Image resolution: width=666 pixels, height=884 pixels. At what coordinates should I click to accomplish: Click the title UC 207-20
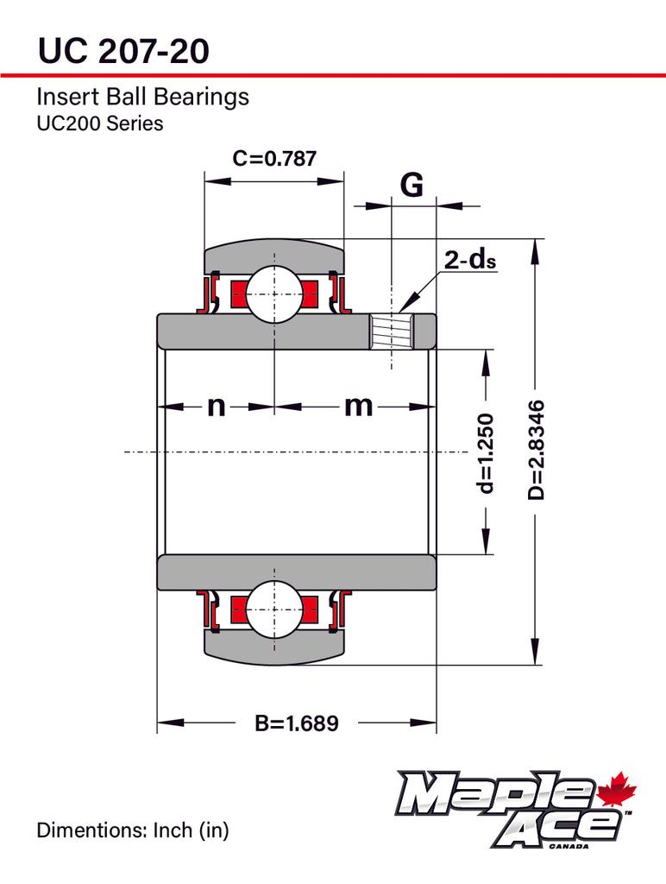coord(123,51)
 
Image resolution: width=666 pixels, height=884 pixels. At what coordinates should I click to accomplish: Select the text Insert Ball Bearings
coord(142,97)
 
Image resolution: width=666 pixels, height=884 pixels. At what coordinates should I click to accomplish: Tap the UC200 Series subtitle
coord(99,123)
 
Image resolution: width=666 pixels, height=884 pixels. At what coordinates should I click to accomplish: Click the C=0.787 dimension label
coord(274,159)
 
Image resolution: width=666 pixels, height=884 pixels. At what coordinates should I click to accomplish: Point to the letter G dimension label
coord(412,184)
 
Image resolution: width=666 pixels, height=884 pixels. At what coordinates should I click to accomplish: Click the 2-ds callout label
coord(470,259)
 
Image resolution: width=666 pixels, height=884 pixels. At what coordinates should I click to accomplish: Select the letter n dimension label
coord(216,405)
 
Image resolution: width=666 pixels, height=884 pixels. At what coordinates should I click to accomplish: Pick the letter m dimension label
coord(358,405)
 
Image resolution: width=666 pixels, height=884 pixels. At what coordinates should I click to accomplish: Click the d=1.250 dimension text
coord(487,453)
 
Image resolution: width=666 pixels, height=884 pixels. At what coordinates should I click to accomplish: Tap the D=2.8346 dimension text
coord(537,450)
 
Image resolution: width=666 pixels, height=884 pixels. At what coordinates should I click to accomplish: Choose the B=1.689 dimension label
coord(296,723)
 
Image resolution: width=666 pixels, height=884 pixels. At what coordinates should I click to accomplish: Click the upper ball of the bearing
coord(274,294)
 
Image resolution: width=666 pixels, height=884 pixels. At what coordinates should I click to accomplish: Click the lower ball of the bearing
coord(274,609)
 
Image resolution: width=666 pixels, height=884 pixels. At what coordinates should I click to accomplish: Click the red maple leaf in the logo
coord(616,789)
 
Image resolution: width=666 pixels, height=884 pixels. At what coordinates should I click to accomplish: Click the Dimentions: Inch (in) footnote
coord(132,831)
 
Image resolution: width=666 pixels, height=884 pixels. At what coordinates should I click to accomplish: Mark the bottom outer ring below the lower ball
coord(274,647)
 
